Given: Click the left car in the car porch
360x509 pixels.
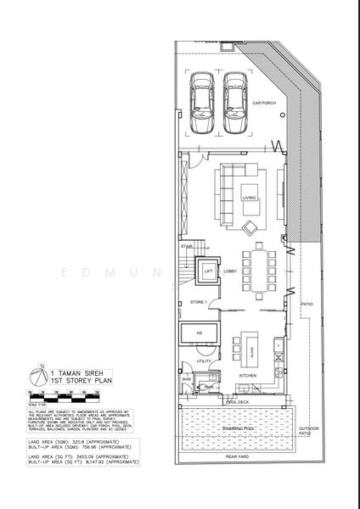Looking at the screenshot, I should [205, 103].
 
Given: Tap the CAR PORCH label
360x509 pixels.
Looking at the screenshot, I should [277, 103].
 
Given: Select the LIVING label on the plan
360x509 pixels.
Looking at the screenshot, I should [249, 198].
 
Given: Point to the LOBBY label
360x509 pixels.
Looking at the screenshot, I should [230, 271].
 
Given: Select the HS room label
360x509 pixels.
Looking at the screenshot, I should [199, 333].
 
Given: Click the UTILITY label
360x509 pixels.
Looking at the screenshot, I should [204, 361].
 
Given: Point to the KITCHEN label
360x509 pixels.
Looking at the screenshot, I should [248, 374].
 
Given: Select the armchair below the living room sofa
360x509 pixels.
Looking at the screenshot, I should [250, 227].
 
